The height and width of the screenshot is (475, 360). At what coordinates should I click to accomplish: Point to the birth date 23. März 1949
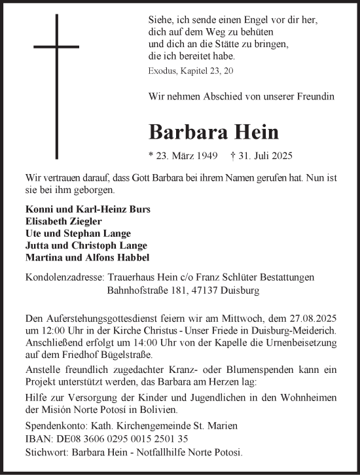183,156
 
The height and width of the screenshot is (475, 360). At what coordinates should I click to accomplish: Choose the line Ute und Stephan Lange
69,233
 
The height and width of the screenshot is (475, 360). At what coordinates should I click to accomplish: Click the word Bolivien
157,410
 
